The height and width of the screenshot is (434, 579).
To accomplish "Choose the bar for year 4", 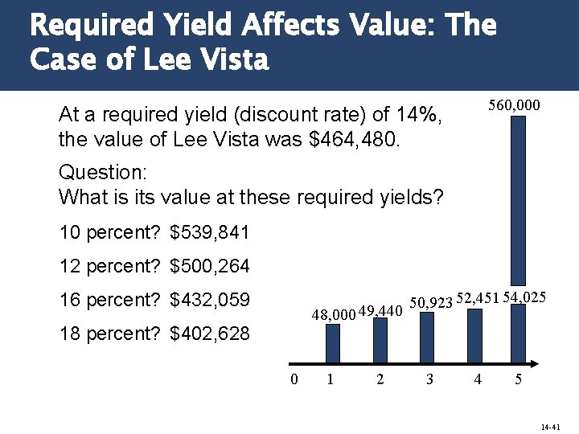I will (475, 337).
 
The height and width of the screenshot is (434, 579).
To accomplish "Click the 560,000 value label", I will (515, 105).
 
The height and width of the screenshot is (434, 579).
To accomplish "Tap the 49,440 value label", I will (380, 311).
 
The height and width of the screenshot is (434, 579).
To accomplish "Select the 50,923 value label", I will (432, 303).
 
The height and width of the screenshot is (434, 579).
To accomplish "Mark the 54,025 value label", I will (525, 297).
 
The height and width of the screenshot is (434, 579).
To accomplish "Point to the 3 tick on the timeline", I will (429, 379).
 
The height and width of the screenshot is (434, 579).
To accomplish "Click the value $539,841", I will (210, 233).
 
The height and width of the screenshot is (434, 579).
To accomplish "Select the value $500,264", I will (210, 265).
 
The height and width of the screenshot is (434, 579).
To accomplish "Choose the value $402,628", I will (210, 332).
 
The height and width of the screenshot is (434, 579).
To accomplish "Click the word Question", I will (95, 172).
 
